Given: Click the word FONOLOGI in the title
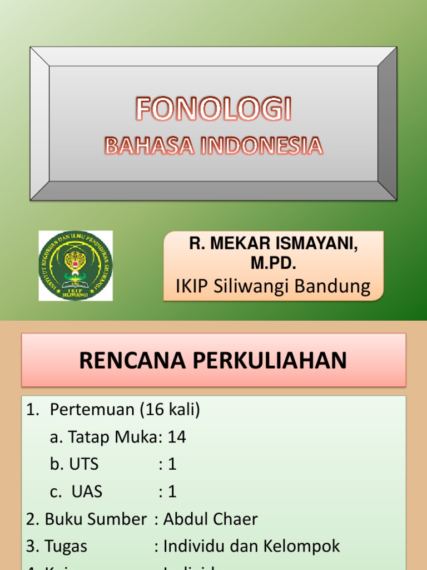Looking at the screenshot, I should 213,110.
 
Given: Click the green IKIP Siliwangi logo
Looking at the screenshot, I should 76,266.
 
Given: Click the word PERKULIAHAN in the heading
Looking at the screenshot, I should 270,361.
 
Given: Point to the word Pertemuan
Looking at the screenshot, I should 92,410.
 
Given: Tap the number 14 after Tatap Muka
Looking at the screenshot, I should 177,437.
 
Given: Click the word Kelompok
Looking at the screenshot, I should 305,546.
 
